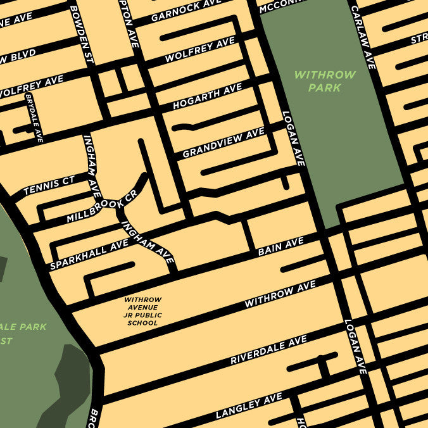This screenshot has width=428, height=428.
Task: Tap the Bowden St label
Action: (x=82, y=35)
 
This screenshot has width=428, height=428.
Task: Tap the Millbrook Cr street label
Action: (x=102, y=206)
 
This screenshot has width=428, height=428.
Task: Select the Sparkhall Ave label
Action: (x=89, y=255)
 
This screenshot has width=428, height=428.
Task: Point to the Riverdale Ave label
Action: (x=268, y=350)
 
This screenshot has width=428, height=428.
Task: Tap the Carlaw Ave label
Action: (x=363, y=37)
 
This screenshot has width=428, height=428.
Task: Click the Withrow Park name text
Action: (x=325, y=81)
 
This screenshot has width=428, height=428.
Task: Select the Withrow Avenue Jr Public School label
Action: (x=143, y=311)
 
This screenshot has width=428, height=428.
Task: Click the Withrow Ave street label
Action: (x=280, y=296)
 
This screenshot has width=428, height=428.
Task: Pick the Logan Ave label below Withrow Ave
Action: (x=355, y=346)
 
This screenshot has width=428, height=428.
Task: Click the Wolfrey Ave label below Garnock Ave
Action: (x=199, y=50)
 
